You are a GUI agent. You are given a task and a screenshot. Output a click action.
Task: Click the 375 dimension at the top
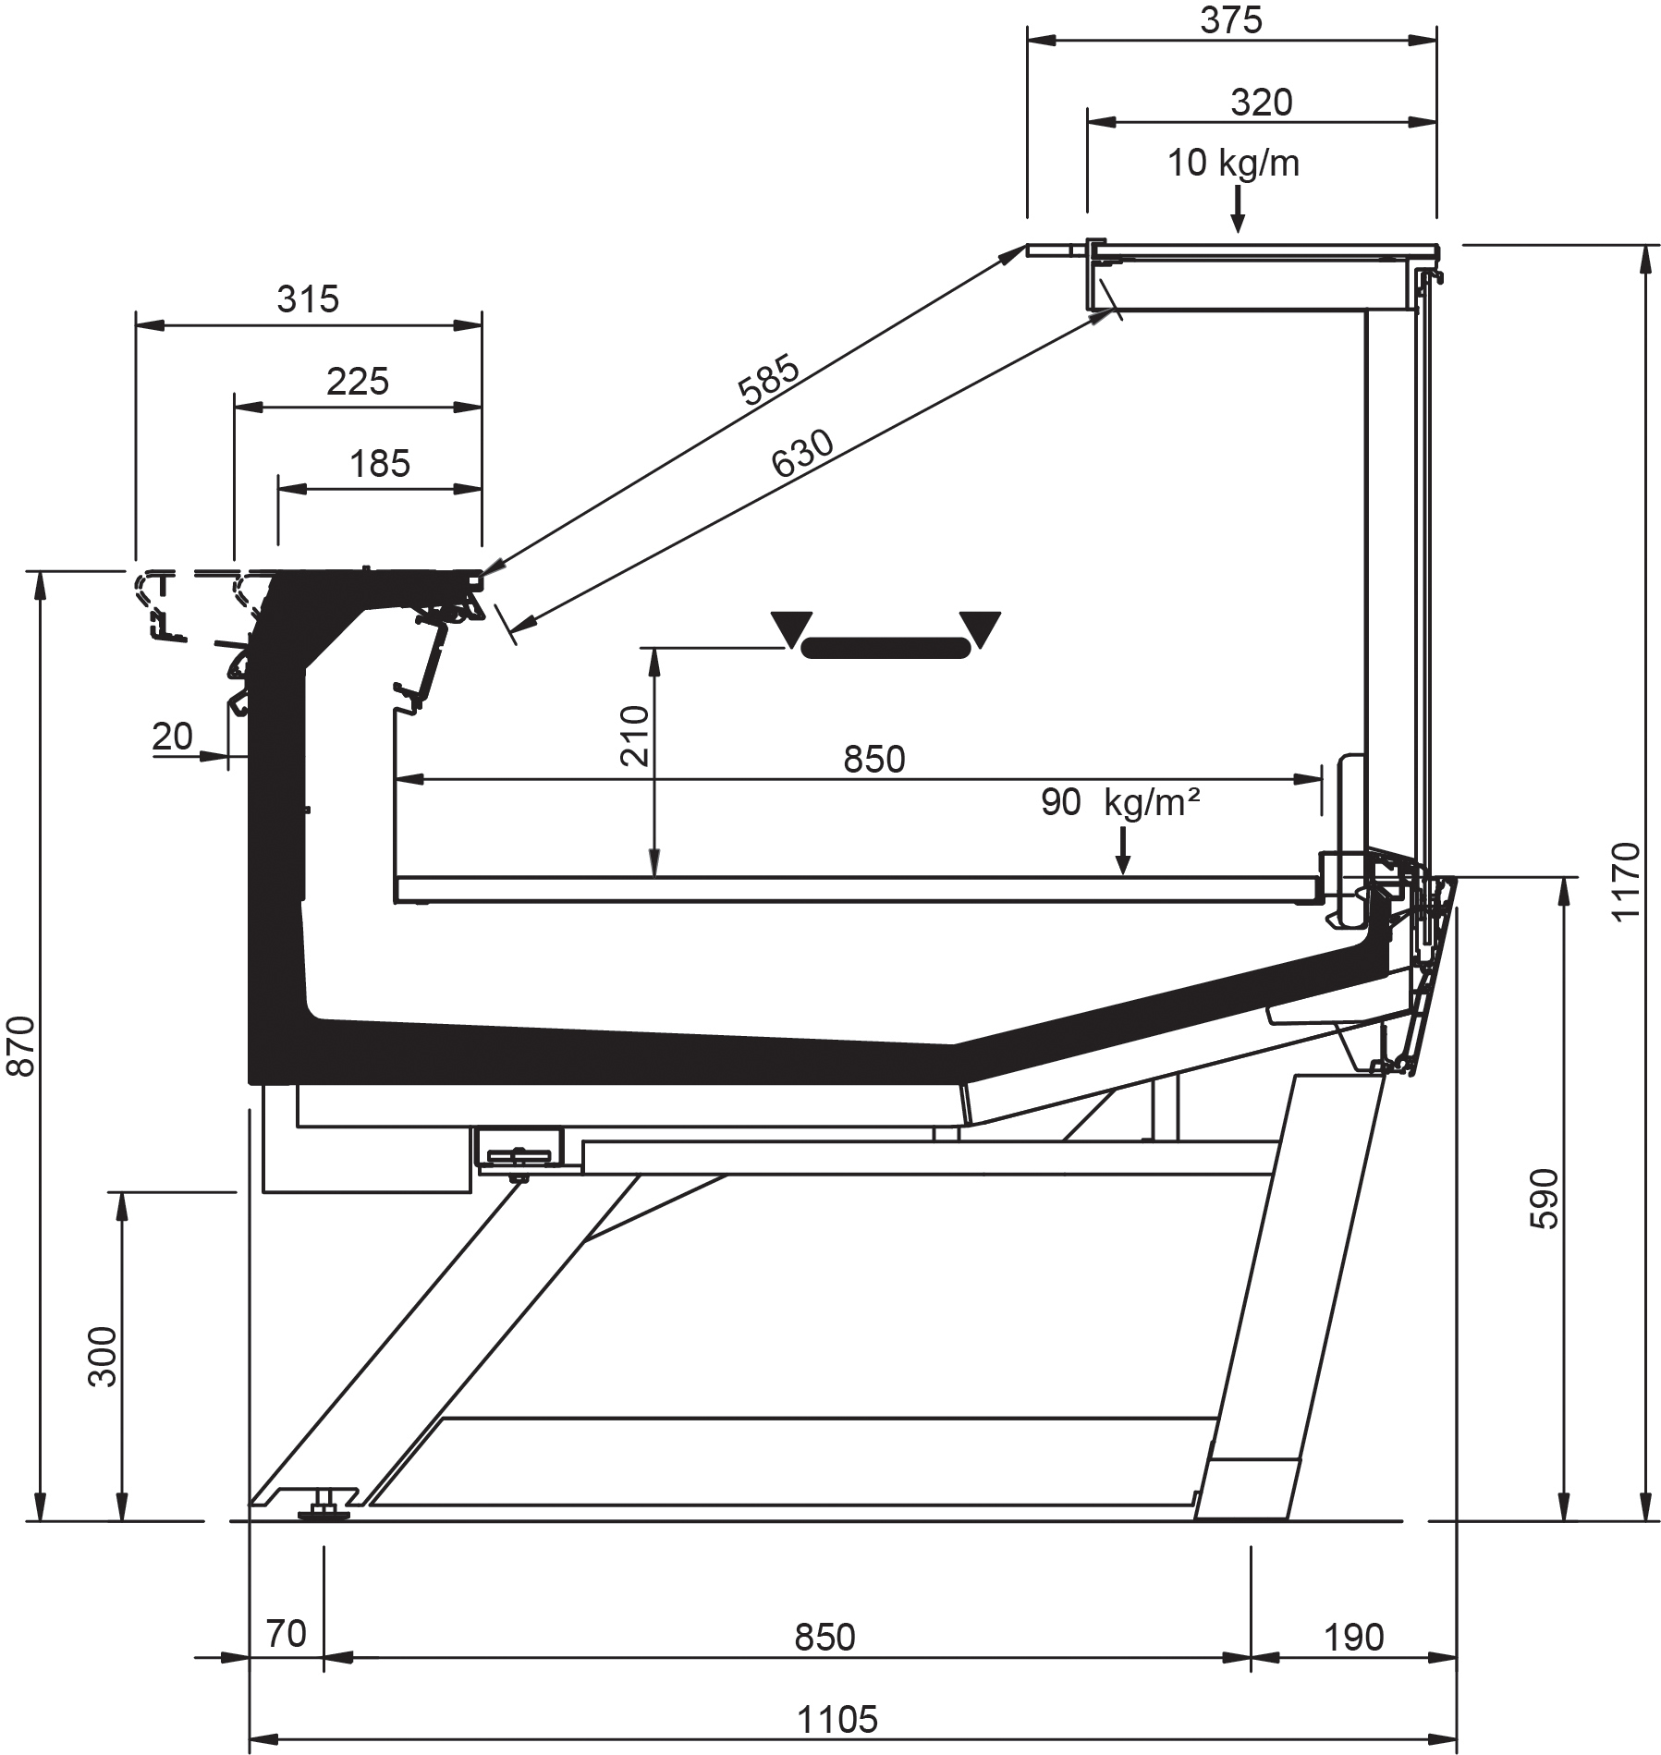(1231, 20)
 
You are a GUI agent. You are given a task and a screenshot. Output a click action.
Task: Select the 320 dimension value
(1261, 102)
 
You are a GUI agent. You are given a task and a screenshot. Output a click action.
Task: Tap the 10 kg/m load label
(1233, 164)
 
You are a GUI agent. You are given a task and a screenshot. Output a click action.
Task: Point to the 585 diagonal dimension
(769, 380)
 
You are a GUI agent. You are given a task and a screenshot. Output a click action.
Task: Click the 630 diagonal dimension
(802, 454)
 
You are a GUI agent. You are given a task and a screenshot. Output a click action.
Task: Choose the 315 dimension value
(308, 299)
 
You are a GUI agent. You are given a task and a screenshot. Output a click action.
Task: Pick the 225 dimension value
(358, 381)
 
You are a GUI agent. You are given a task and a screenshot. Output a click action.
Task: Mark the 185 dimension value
(379, 463)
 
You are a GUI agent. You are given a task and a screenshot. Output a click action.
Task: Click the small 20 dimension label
(172, 737)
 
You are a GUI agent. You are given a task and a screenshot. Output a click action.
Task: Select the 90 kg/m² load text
(1119, 802)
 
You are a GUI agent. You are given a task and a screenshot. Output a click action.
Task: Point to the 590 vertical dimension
(1544, 1199)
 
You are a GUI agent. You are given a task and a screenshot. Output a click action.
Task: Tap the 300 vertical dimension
(104, 1356)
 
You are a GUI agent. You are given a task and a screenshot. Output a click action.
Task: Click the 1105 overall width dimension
(837, 1720)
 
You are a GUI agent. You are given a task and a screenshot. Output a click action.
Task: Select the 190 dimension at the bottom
(1353, 1637)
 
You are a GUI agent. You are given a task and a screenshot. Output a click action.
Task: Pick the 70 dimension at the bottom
(286, 1634)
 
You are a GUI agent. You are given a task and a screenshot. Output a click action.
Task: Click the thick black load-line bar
(886, 647)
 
